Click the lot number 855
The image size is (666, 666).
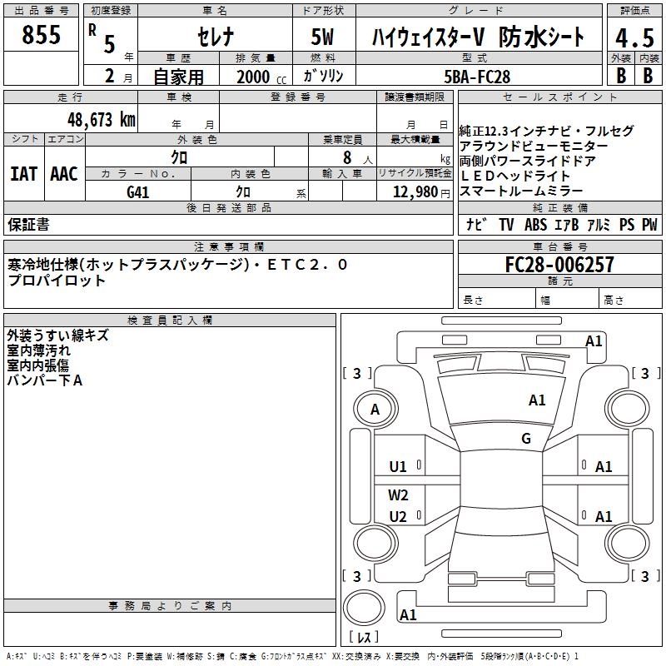tap(42, 35)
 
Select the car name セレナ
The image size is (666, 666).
tap(213, 37)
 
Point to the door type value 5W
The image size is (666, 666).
tap(324, 37)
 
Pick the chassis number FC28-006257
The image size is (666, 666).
tap(559, 265)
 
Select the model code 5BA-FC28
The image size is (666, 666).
tap(477, 77)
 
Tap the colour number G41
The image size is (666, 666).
tap(138, 191)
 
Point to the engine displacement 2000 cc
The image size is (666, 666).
tap(259, 77)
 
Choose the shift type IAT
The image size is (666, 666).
tap(23, 174)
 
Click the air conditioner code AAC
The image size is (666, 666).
tap(63, 174)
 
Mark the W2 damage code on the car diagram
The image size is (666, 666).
tap(399, 495)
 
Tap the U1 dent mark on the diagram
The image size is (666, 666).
tap(399, 467)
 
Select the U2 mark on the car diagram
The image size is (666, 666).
tap(399, 517)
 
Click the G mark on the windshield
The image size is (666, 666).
tap(526, 439)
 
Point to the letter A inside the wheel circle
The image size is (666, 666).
tap(375, 409)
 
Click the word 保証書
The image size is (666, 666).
tap(28, 225)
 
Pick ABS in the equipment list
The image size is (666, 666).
tap(535, 225)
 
